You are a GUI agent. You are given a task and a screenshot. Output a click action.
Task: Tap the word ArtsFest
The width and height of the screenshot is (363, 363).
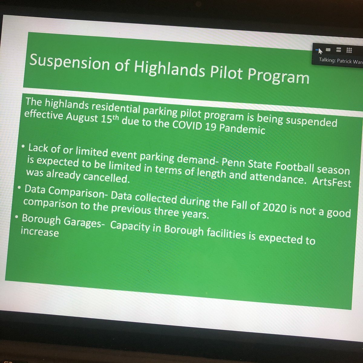[x=335, y=182]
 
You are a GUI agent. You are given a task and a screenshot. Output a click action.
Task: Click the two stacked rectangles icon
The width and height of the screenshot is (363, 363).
[x=338, y=50]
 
